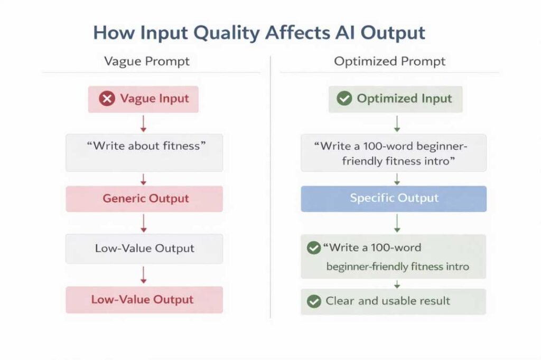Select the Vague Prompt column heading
point(147,61)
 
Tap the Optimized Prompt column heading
point(390,61)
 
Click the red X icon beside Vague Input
point(107,99)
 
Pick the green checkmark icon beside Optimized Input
point(344,99)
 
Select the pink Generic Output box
point(144,199)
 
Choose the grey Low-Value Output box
point(144,249)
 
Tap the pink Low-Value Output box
point(144,300)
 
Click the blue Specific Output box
point(394,198)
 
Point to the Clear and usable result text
point(388,301)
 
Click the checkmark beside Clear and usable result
point(314,301)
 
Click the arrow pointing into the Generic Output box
point(144,179)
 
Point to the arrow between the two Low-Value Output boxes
point(144,275)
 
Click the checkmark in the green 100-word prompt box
point(314,248)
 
